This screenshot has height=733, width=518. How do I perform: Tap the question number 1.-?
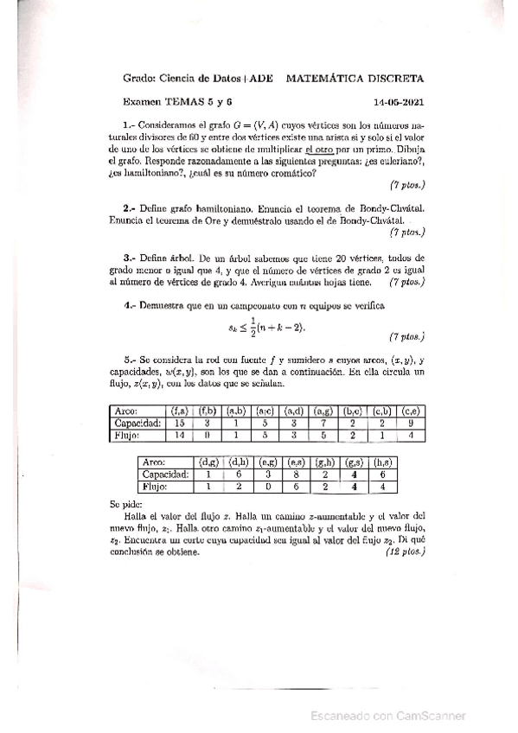[x=125, y=124]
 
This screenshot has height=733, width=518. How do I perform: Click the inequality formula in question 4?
[x=266, y=327]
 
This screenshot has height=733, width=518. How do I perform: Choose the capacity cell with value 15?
[x=180, y=424]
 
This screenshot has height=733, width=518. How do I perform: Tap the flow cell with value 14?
[x=180, y=436]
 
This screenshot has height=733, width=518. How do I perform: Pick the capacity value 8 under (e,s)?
[x=296, y=475]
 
